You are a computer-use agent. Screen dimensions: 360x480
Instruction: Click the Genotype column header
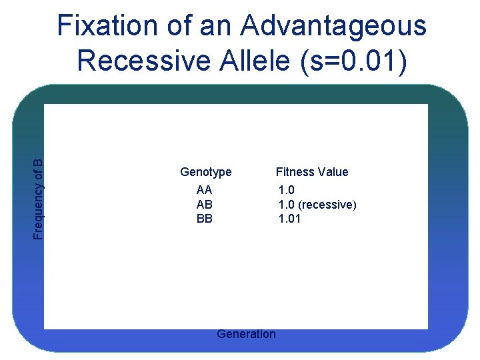tap(206, 172)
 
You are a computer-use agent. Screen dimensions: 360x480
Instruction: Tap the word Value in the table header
tap(333, 172)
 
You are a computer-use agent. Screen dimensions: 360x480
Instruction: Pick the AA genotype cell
tap(205, 191)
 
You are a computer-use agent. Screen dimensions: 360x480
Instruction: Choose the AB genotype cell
tap(205, 205)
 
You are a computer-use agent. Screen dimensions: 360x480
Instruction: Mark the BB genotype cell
tap(205, 218)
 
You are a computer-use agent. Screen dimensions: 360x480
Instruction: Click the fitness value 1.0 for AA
tap(286, 191)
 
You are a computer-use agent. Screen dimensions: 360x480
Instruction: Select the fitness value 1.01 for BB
tap(289, 218)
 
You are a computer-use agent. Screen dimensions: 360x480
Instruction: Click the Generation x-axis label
tap(246, 334)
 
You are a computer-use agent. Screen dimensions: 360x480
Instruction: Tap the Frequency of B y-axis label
tap(39, 199)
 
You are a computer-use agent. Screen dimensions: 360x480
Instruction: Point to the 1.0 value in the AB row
tap(286, 205)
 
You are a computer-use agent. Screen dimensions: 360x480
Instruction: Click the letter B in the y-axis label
tap(39, 162)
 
